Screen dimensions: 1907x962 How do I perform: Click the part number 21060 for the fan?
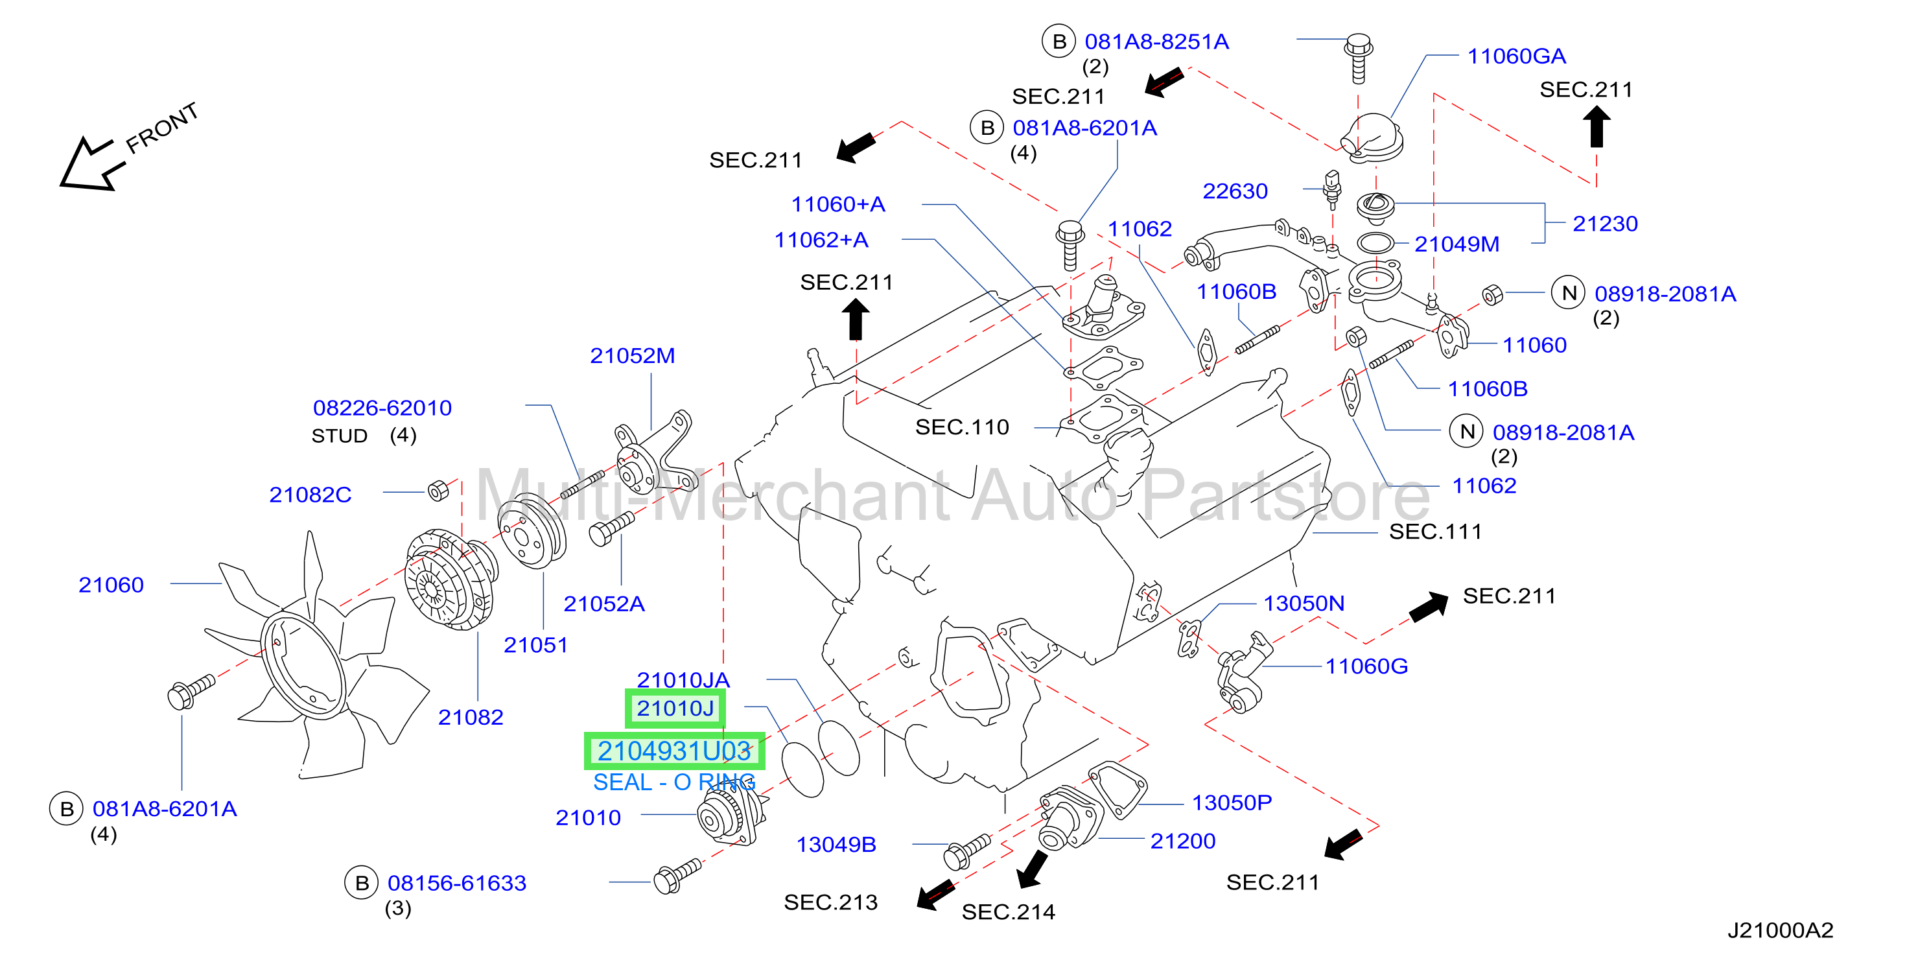(111, 585)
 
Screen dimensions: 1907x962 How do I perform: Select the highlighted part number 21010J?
(675, 709)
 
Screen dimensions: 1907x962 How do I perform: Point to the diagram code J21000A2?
(1781, 930)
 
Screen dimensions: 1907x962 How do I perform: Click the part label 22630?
(1235, 191)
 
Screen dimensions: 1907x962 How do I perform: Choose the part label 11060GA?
(1516, 56)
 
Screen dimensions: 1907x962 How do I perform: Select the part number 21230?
(1605, 224)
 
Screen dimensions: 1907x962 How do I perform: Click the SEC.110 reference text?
(963, 427)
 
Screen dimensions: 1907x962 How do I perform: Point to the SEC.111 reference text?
(1435, 532)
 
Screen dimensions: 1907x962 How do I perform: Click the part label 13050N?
(1304, 604)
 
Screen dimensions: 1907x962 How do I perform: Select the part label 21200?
(1183, 841)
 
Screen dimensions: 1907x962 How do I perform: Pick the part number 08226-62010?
(382, 408)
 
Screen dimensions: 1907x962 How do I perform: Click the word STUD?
(339, 436)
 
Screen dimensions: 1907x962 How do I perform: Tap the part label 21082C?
(310, 495)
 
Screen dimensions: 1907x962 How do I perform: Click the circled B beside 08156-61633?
(361, 883)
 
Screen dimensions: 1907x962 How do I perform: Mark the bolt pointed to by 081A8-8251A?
(1359, 57)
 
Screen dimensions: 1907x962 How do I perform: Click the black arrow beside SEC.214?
(1032, 869)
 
